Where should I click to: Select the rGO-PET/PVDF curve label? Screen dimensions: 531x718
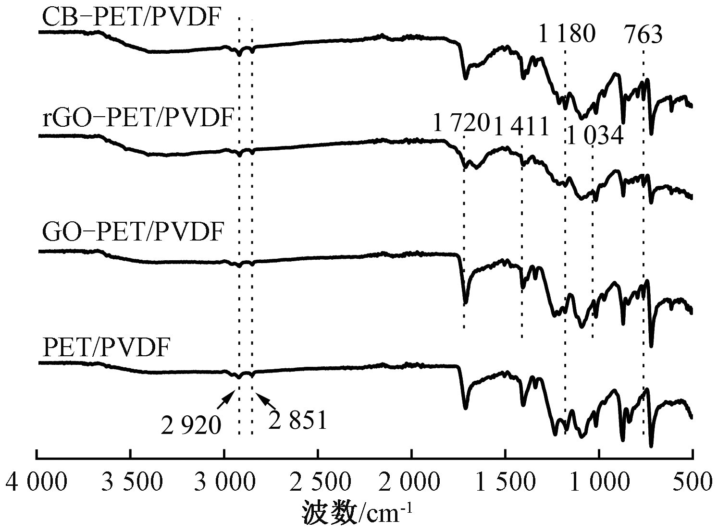click(138, 118)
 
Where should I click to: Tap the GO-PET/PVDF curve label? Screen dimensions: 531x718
click(133, 232)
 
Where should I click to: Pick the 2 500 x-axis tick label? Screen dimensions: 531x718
click(317, 482)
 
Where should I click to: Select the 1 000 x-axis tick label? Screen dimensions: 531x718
click(598, 482)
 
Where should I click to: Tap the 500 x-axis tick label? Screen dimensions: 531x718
click(692, 482)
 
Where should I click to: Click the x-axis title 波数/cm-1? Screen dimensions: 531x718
click(358, 512)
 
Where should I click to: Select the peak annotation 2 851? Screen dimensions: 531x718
click(298, 421)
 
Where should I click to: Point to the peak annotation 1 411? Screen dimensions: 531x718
click(521, 127)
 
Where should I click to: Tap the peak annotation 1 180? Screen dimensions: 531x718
click(567, 34)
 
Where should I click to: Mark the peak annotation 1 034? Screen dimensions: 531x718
click(594, 136)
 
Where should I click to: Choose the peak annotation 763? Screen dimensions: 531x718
click(644, 35)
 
